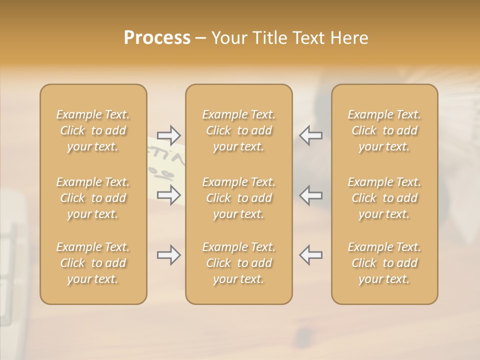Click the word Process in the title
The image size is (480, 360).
[x=157, y=38]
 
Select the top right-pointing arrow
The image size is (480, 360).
[x=169, y=135]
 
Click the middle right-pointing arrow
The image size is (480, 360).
[x=169, y=195]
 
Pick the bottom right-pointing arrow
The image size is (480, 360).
[x=169, y=255]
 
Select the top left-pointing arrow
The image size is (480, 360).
[x=310, y=135]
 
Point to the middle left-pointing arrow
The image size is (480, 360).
[x=310, y=195]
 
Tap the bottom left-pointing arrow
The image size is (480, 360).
[x=310, y=255]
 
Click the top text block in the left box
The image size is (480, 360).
[x=93, y=130]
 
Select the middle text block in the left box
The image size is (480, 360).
[x=93, y=198]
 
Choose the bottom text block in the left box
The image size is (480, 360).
[x=93, y=263]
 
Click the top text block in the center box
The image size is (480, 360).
[x=239, y=130]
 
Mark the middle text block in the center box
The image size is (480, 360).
[x=239, y=198]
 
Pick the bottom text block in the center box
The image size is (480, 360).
[x=239, y=263]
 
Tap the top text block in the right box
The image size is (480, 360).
[x=384, y=130]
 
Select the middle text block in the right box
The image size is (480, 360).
[x=384, y=198]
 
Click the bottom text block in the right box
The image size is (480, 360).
[x=384, y=263]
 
